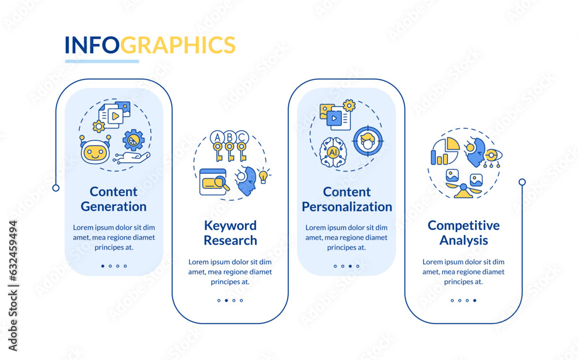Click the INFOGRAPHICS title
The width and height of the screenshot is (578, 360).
pyautogui.click(x=150, y=45)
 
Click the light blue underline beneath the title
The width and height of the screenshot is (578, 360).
pyautogui.click(x=102, y=61)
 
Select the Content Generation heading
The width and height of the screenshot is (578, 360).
pyautogui.click(x=113, y=199)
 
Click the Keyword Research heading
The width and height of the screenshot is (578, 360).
pyautogui.click(x=231, y=233)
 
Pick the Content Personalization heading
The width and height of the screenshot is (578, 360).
pyautogui.click(x=347, y=199)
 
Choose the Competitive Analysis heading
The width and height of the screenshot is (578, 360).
pyautogui.click(x=464, y=233)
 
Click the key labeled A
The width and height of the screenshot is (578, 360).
pyautogui.click(x=217, y=146)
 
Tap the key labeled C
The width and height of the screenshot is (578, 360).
pyautogui.click(x=242, y=146)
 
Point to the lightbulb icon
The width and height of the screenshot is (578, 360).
pyautogui.click(x=263, y=176)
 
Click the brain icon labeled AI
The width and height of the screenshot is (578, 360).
pyautogui.click(x=334, y=152)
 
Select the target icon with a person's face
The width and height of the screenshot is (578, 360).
pyautogui.click(x=368, y=141)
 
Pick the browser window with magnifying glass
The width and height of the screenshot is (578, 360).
pyautogui.click(x=214, y=181)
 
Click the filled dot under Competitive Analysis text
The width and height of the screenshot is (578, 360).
pyautogui.click(x=475, y=300)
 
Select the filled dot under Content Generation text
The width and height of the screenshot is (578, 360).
pyautogui.click(x=103, y=266)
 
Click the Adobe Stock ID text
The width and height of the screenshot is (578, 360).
pyautogui.click(x=13, y=286)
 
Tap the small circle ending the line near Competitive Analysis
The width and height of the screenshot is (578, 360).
pyautogui.click(x=522, y=182)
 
